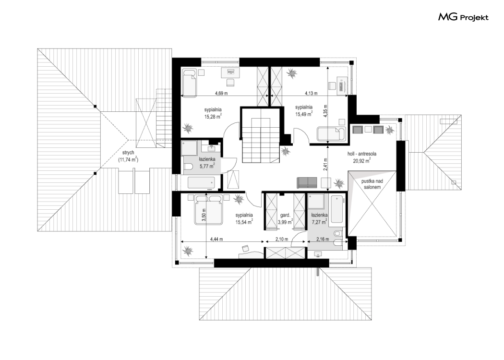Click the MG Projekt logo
pyautogui.click(x=463, y=17)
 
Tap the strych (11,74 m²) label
pyautogui.click(x=128, y=156)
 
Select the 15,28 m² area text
pyautogui.click(x=213, y=117)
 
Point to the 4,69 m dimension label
pyautogui.click(x=221, y=94)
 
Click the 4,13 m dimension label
pyautogui.click(x=311, y=94)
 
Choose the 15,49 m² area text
pyautogui.click(x=304, y=114)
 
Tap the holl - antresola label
pyautogui.click(x=361, y=154)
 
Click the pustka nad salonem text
pyautogui.click(x=372, y=184)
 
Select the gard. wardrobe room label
pyautogui.click(x=285, y=215)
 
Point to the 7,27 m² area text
pyautogui.click(x=319, y=221)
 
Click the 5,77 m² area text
pyautogui.click(x=207, y=166)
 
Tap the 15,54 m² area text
pyautogui.click(x=244, y=221)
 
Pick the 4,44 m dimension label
pyautogui.click(x=216, y=239)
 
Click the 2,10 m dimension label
pyautogui.click(x=282, y=239)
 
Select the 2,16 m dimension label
pyautogui.click(x=323, y=239)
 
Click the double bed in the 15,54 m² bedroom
pyautogui.click(x=208, y=209)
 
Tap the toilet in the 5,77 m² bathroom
pyautogui.click(x=188, y=166)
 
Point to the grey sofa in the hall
pyautogui.click(x=307, y=182)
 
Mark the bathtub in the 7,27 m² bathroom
pyautogui.click(x=338, y=209)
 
